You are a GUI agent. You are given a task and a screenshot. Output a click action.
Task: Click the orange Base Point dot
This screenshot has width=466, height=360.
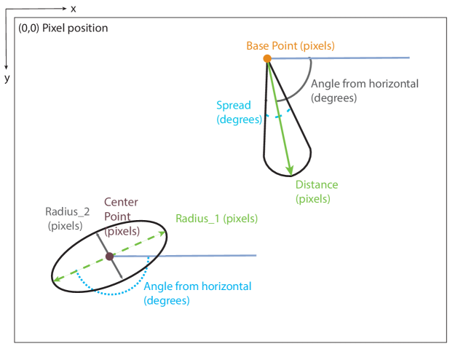point(267,58)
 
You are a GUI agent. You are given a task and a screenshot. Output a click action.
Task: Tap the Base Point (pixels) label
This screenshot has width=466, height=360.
point(290,45)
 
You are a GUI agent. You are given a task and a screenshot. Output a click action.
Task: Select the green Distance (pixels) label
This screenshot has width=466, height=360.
point(316,192)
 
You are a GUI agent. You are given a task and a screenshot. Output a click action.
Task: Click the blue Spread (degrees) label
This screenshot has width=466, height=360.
point(238,112)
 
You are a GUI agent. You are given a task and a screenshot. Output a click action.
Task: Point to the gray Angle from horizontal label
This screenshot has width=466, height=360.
point(364,90)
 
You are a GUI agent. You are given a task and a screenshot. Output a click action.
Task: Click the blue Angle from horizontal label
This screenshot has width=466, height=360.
point(197,292)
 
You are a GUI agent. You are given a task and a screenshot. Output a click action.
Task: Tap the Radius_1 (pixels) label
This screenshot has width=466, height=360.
point(216,218)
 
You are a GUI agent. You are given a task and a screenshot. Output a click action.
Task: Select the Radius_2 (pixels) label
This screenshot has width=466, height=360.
point(67,218)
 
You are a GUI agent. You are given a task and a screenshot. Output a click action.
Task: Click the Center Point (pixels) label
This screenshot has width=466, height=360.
point(121,216)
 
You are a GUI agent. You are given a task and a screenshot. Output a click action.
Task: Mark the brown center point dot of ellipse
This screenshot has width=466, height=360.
point(109,256)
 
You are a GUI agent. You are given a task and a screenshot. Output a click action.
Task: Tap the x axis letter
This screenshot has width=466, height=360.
point(73,8)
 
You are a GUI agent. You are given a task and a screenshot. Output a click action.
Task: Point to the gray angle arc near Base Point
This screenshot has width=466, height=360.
point(307,84)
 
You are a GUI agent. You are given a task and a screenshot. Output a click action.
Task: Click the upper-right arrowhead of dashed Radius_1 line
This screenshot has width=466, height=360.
point(162,234)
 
